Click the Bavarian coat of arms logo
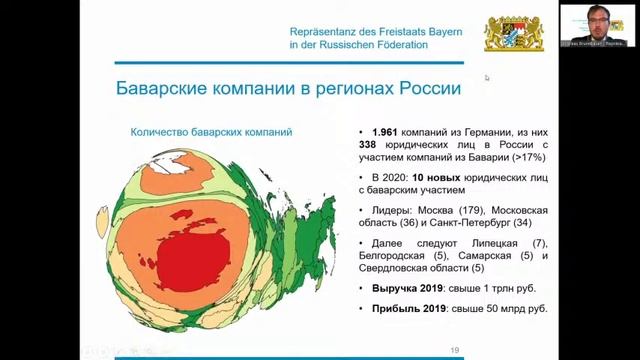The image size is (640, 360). (514, 33)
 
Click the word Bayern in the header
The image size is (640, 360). (439, 31)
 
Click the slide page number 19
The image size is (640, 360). (455, 350)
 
